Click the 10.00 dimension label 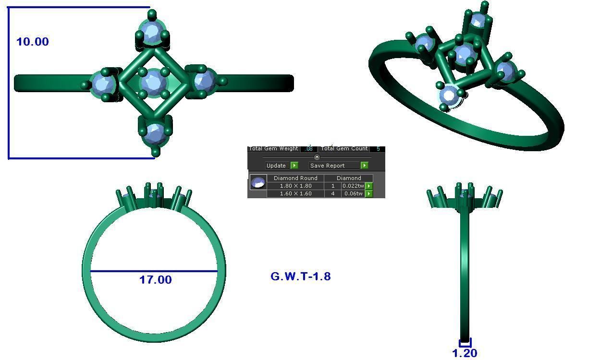(x=33, y=42)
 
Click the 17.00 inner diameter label (x=155, y=280)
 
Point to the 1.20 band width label (x=465, y=353)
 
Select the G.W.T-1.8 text (x=301, y=276)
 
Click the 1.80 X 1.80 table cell (x=295, y=186)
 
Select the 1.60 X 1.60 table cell (x=295, y=193)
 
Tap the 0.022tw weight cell (x=353, y=186)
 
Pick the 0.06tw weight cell (x=353, y=193)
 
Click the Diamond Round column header (x=295, y=178)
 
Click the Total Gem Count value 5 (x=378, y=149)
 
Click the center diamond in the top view (x=153, y=83)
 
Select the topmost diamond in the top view (x=152, y=33)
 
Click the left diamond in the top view (x=103, y=84)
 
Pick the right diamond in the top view (x=204, y=81)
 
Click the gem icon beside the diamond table (x=258, y=182)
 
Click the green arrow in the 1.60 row (x=369, y=194)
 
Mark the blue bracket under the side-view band (x=465, y=343)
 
